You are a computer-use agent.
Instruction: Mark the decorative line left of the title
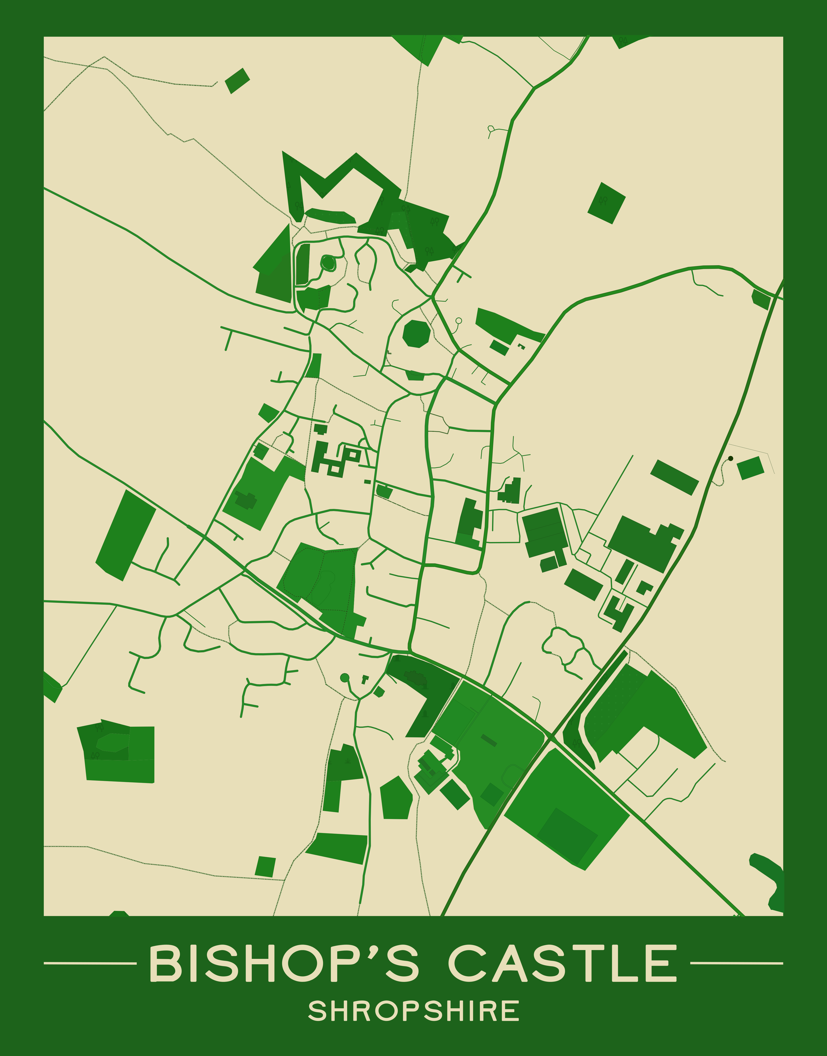coord(90,963)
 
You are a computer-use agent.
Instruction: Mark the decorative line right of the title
coord(736,963)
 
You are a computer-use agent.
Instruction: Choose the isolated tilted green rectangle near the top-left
coord(237,80)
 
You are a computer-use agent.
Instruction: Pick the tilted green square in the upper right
coord(606,203)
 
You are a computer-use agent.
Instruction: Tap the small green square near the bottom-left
coord(265,867)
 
